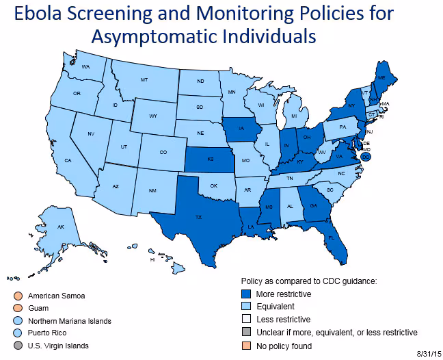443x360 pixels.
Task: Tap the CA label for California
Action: point(68,160)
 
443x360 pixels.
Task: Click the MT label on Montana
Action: point(144,80)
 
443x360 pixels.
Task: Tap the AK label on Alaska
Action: point(61,227)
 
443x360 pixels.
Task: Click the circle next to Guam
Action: point(16,309)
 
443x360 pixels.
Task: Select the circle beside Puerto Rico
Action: point(16,333)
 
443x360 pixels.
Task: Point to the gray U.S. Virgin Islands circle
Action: point(16,346)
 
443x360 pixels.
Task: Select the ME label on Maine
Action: point(381,79)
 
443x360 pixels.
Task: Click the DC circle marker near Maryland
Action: point(366,156)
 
